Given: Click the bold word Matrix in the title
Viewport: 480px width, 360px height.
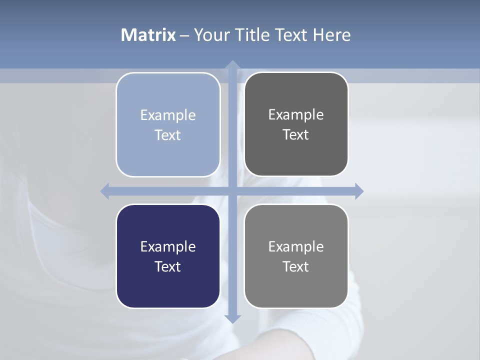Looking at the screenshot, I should point(148,35).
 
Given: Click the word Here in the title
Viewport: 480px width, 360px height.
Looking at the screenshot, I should point(332,35).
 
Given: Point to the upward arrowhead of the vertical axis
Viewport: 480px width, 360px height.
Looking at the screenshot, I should point(232,65).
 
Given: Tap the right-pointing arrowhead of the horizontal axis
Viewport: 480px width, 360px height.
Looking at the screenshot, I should point(359,191).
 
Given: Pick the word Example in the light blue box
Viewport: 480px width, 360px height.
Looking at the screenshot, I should point(168,115).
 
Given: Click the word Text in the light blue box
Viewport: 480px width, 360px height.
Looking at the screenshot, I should point(168,135).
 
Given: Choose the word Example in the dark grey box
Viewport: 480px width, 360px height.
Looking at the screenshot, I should point(296,114).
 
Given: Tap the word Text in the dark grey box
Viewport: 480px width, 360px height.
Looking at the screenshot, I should point(296,134).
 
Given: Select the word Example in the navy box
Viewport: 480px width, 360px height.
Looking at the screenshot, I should point(168,246).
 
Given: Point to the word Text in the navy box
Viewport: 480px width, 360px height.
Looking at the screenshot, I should point(168,266).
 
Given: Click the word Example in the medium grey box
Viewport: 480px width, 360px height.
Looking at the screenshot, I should point(296,246).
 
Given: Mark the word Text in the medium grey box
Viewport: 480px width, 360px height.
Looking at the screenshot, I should point(296,266).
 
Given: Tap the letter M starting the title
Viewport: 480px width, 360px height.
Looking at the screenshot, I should point(128,35).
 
